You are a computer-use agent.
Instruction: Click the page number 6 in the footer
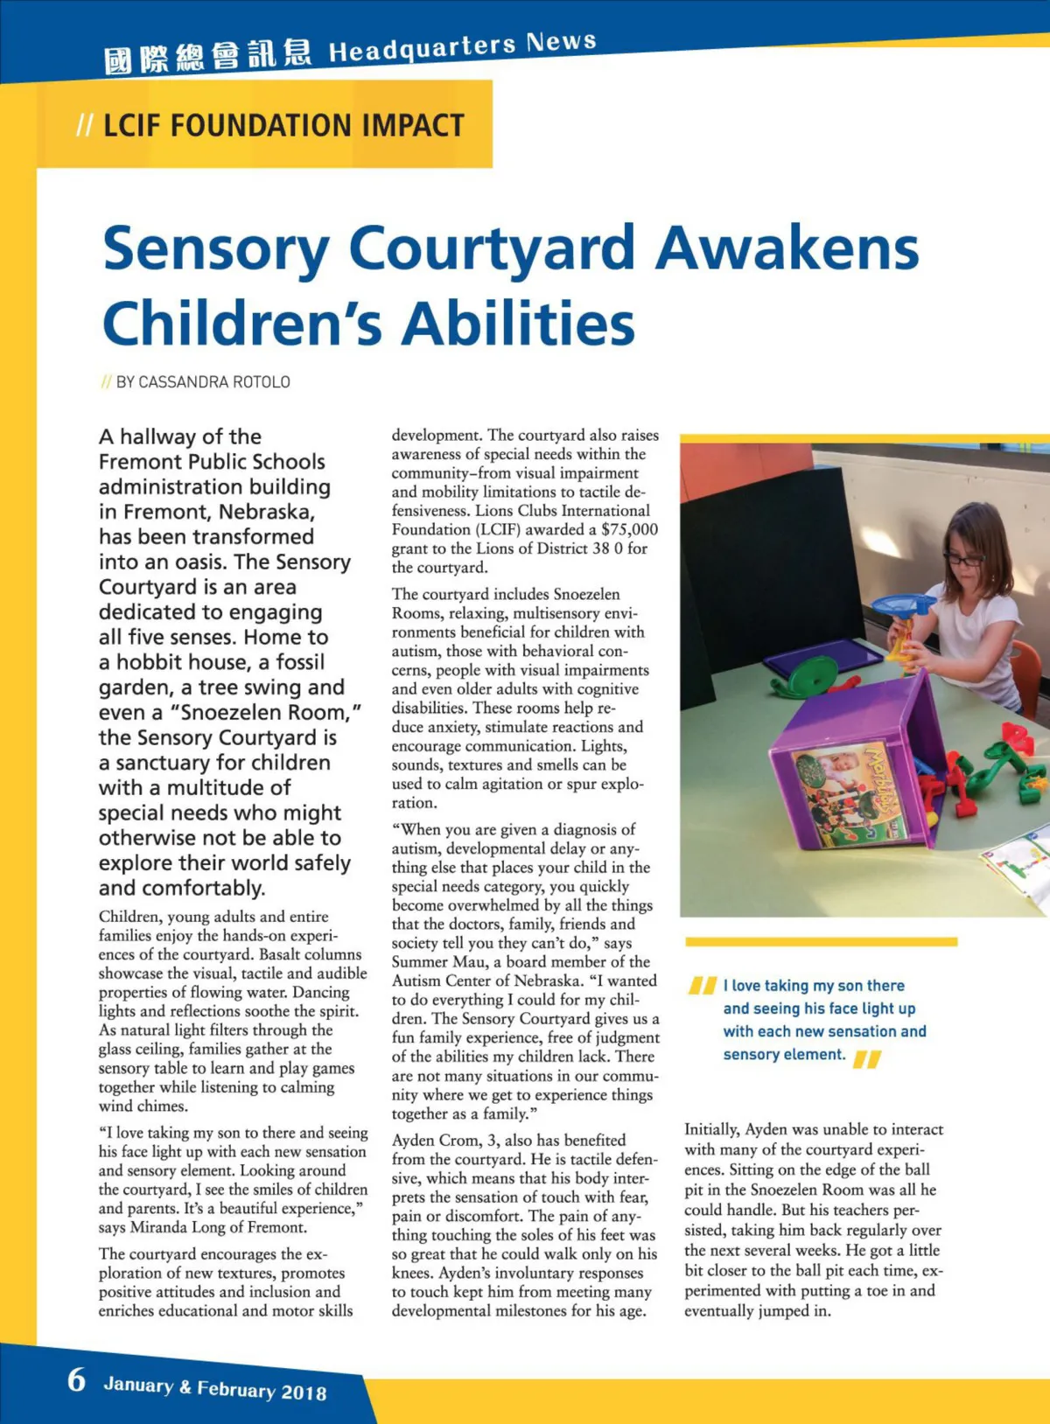click(77, 1379)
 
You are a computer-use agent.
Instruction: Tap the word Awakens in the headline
click(787, 248)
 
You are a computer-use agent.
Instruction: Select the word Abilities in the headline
click(518, 324)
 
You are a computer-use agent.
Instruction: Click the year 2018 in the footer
click(304, 1393)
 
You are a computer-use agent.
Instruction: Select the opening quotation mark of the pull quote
click(703, 986)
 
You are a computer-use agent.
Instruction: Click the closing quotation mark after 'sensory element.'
click(867, 1059)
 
